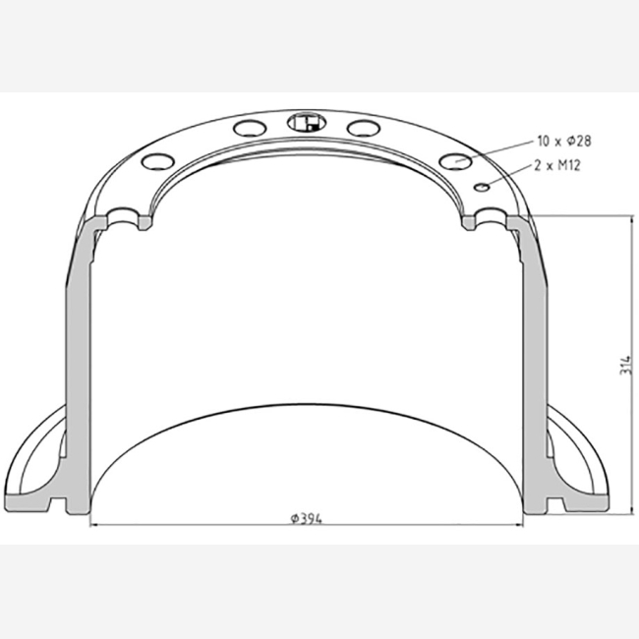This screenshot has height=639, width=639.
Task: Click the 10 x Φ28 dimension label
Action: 564,141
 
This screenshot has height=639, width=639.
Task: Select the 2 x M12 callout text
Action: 557,165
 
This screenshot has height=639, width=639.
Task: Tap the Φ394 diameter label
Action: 306,519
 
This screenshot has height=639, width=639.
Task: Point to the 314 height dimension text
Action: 625,365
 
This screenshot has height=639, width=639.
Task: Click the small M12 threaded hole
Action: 482,187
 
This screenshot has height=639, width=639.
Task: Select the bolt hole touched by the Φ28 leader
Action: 455,161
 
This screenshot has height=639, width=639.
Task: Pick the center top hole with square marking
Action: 307,122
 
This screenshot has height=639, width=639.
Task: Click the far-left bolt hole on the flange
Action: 158,161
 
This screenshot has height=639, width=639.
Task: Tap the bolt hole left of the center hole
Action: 250,128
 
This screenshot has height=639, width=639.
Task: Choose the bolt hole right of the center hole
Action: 364,128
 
